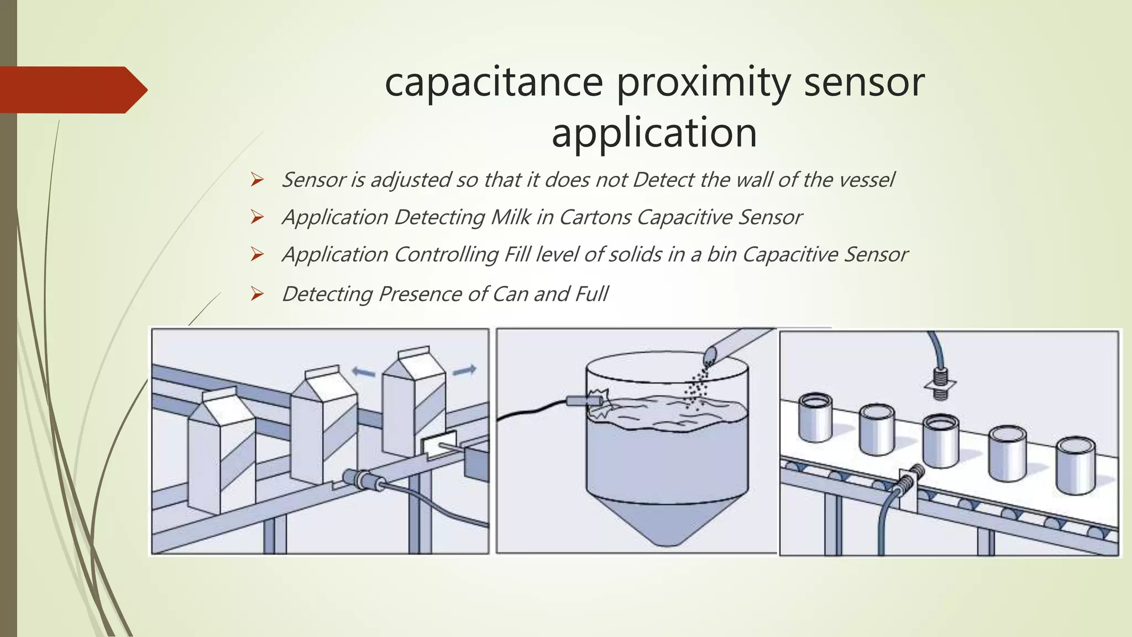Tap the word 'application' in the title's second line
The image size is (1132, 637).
click(x=654, y=133)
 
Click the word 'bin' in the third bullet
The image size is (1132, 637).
click(x=721, y=254)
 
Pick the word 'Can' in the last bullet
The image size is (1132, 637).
click(x=510, y=294)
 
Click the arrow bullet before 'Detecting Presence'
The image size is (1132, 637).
click(x=256, y=294)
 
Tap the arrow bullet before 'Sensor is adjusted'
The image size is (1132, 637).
click(x=256, y=180)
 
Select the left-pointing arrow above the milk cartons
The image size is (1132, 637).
click(x=364, y=373)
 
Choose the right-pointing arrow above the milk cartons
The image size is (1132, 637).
click(x=464, y=370)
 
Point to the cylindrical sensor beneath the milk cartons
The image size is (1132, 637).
click(x=363, y=479)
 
